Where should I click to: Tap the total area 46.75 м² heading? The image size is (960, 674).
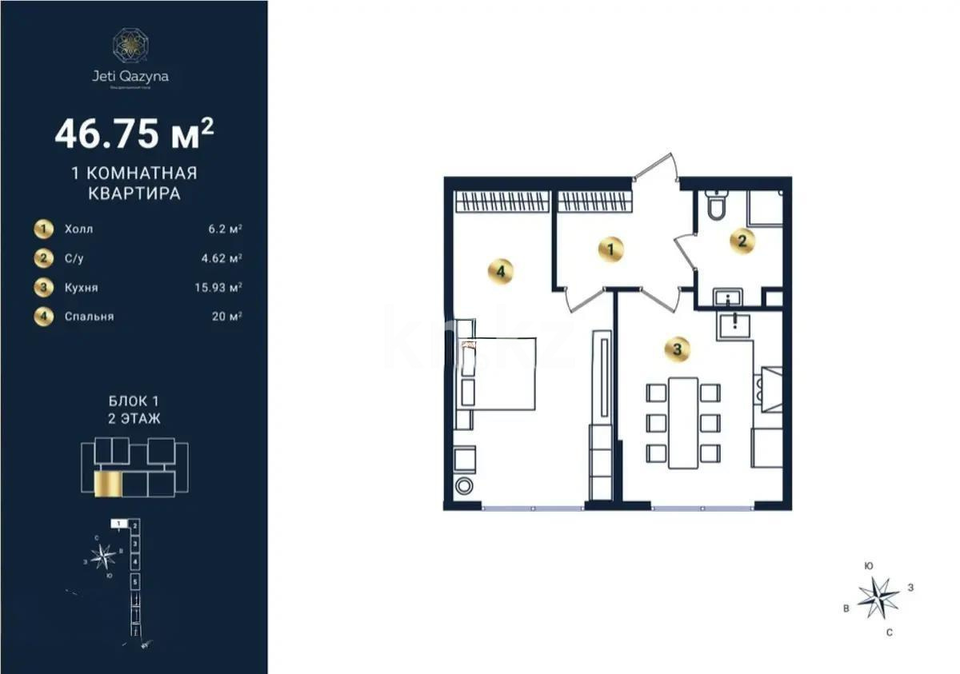click(x=134, y=133)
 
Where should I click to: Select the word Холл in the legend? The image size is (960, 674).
click(x=78, y=229)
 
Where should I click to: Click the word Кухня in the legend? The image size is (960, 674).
click(x=81, y=287)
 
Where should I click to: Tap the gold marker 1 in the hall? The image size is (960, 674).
click(x=610, y=249)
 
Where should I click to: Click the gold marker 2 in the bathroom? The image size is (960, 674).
click(x=742, y=241)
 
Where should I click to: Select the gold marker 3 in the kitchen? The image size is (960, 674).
click(x=677, y=349)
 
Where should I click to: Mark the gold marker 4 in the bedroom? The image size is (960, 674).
click(x=500, y=272)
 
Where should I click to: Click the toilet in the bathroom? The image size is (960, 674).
click(x=716, y=206)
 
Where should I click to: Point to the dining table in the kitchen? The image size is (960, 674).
click(x=683, y=422)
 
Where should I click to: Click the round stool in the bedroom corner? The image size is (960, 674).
click(x=463, y=487)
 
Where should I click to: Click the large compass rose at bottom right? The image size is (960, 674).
click(x=878, y=597)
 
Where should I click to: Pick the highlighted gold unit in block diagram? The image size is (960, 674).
click(x=106, y=484)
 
